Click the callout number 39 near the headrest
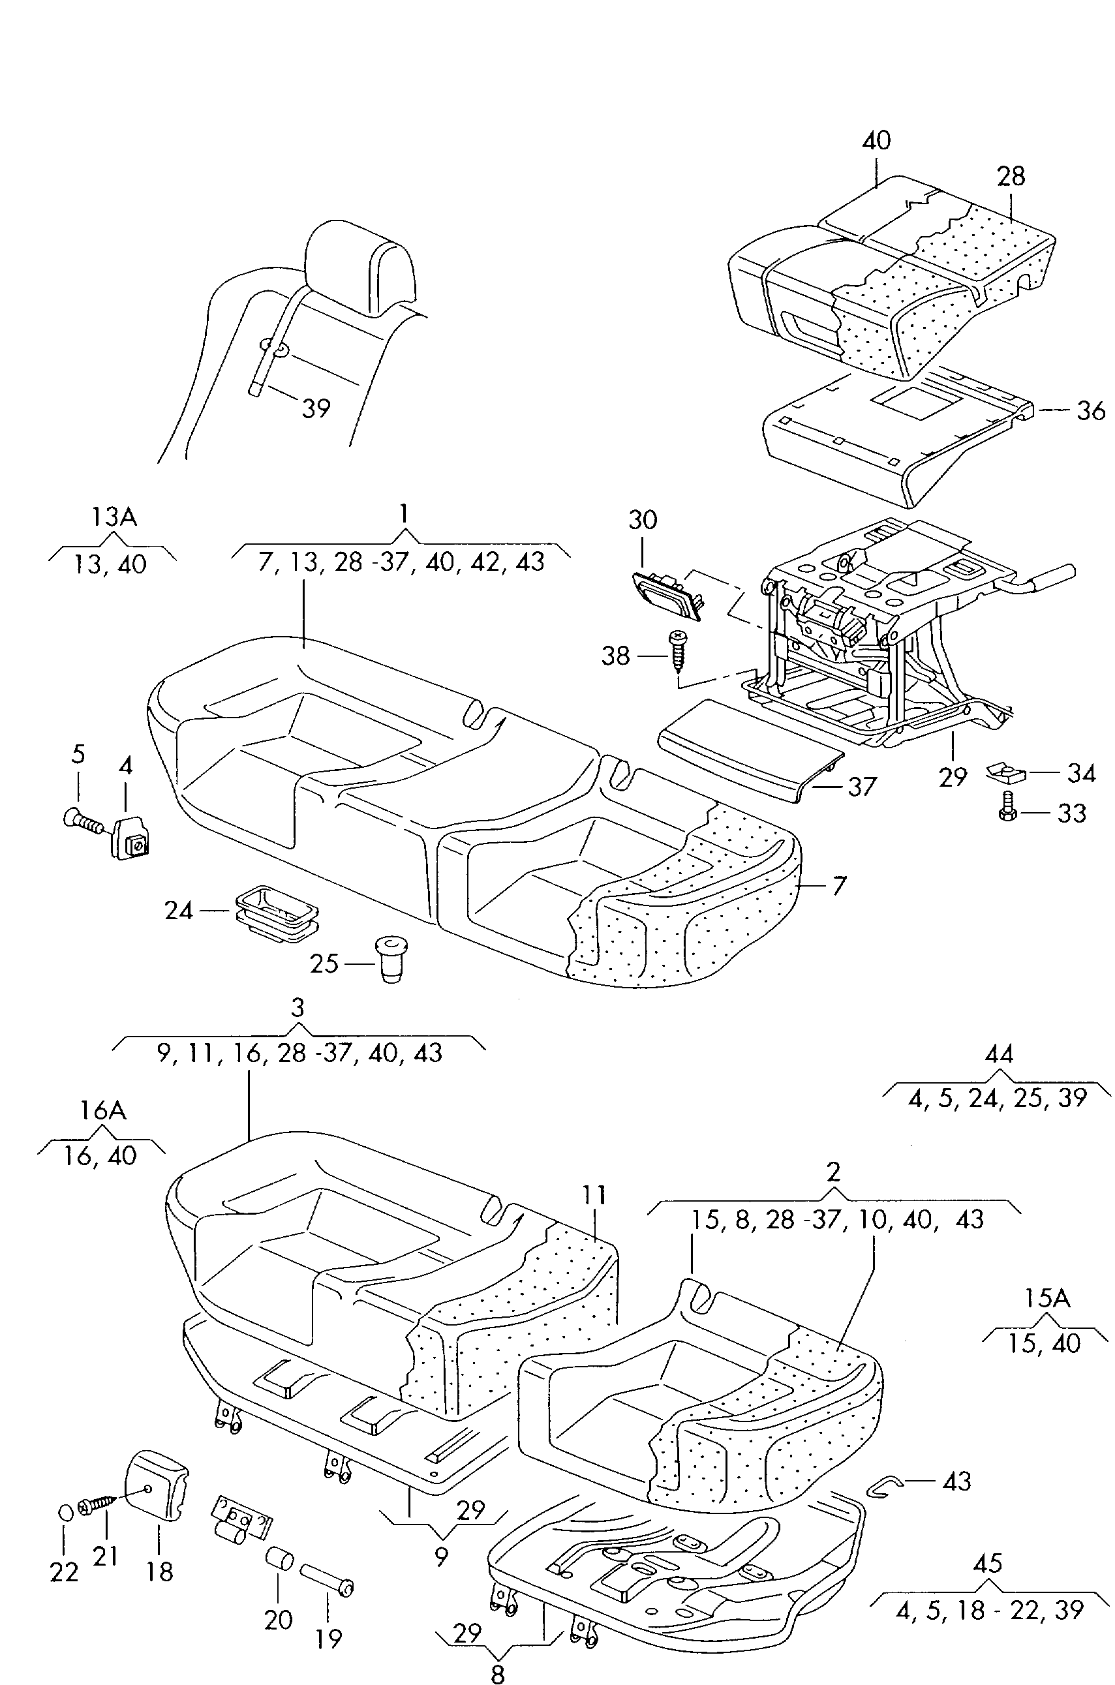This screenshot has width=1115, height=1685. [316, 408]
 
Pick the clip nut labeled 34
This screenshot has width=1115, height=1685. [1004, 772]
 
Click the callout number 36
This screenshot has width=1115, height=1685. [1091, 410]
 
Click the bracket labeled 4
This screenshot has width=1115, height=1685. [130, 837]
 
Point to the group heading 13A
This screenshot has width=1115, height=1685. [114, 517]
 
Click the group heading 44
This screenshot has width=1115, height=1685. [998, 1054]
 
